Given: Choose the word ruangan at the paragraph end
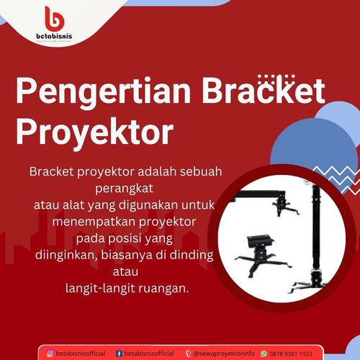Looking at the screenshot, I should click(x=164, y=288).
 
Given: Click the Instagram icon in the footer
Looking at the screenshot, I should click(x=50, y=354).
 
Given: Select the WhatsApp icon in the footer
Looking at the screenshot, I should click(x=264, y=354).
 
